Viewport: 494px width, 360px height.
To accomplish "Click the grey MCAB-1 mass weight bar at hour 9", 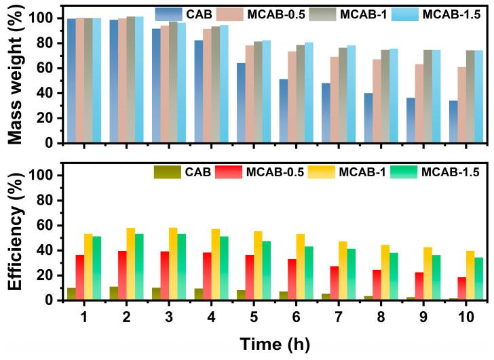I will tap(427, 96).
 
